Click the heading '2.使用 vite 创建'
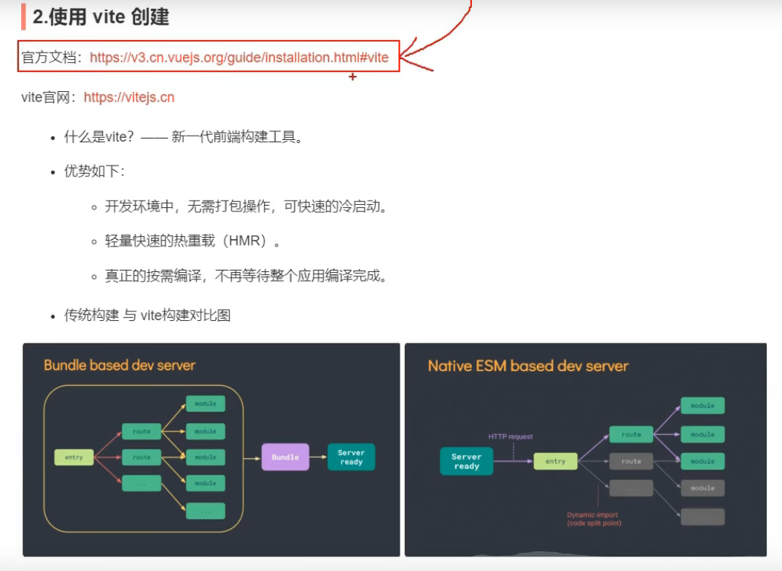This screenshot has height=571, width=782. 101,17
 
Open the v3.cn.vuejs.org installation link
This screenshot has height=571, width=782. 239,57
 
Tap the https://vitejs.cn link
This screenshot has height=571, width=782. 129,97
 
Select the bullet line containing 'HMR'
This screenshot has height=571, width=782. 193,241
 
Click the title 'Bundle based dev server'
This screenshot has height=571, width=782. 120,365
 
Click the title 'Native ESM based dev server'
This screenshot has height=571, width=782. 528,365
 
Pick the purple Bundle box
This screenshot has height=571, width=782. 285,457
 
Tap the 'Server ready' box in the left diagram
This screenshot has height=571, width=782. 351,457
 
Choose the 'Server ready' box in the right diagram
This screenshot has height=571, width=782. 466,461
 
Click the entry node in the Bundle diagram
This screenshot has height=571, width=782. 74,457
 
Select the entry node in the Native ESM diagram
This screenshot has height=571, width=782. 555,461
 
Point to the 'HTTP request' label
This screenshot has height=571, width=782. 511,437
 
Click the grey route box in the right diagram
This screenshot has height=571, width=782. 631,461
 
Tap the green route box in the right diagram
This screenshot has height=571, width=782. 631,435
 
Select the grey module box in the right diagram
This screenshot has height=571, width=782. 702,488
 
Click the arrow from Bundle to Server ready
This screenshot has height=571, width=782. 318,457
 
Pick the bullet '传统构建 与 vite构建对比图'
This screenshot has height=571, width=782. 147,316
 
